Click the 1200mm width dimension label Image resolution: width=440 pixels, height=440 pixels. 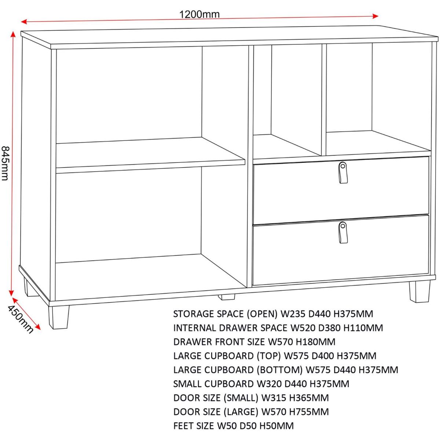(x=199, y=14)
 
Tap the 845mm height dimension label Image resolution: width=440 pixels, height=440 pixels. (x=5, y=163)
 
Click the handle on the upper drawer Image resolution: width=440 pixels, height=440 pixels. (x=342, y=172)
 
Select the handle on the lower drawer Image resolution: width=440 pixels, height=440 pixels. (x=342, y=232)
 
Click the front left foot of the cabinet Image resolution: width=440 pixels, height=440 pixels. (x=58, y=317)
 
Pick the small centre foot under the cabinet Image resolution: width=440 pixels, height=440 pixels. (x=226, y=297)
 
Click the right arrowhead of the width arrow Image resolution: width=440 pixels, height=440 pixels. (x=375, y=16)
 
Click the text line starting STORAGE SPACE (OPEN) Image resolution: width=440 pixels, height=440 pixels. (x=273, y=314)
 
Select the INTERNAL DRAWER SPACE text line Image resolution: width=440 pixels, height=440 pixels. (x=278, y=328)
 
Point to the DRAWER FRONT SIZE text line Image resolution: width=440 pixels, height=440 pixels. (x=254, y=342)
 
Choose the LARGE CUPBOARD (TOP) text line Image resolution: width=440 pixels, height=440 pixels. (x=275, y=356)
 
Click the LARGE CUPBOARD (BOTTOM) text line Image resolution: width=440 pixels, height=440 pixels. (x=286, y=370)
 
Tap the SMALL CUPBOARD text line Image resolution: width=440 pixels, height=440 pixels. (x=261, y=384)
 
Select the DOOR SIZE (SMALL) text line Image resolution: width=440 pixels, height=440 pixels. (x=251, y=398)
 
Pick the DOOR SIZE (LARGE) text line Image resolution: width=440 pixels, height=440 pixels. (x=251, y=412)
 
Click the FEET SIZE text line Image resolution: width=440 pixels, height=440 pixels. (x=233, y=426)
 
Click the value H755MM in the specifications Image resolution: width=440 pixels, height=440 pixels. (x=309, y=412)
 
